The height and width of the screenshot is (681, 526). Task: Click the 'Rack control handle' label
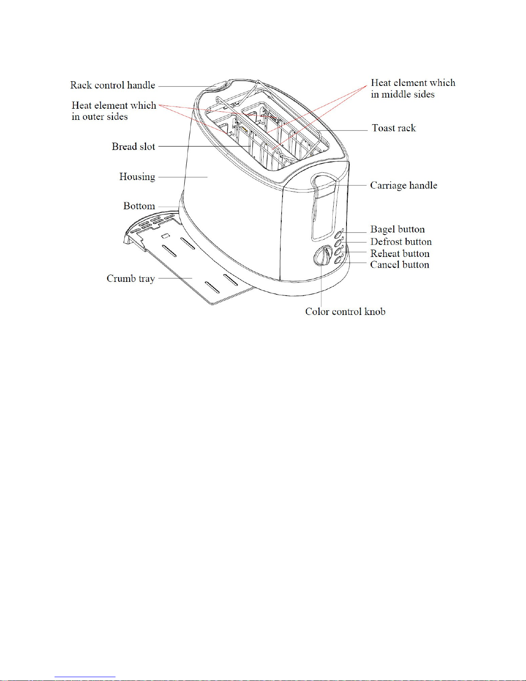(112, 85)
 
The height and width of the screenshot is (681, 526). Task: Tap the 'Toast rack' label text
(394, 128)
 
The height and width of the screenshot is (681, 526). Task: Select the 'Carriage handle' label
(403, 185)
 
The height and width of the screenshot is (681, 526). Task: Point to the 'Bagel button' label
(397, 229)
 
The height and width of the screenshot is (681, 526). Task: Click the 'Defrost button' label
(401, 241)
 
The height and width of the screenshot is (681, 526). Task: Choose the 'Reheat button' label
(400, 253)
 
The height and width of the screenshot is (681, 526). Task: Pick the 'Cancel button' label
(399, 265)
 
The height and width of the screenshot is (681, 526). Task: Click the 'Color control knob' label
(345, 311)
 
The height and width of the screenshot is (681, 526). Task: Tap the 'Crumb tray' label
(131, 278)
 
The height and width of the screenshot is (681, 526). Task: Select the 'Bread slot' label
(134, 147)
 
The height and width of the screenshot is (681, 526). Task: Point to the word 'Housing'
(137, 177)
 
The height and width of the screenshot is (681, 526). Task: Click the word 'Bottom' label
(139, 206)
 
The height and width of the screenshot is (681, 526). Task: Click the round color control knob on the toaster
(322, 255)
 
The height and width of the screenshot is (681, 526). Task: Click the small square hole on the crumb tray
(165, 236)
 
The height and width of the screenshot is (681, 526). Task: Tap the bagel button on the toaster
(338, 235)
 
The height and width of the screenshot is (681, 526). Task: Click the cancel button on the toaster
(338, 260)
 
